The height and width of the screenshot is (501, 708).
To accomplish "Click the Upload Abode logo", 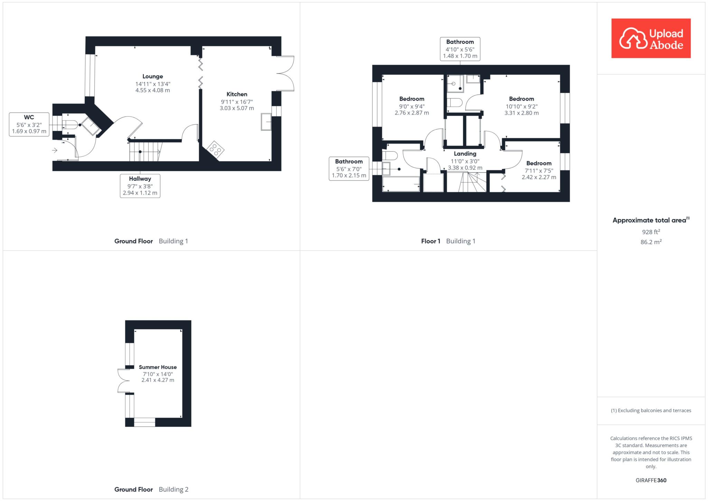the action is pos(651,38).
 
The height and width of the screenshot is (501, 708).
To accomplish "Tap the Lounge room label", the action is pos(152,76).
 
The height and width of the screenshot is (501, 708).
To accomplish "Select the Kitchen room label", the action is pos(237,94).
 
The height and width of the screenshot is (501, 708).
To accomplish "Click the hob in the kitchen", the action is pos(215,149).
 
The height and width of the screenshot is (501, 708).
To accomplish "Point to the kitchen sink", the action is pos(266,122).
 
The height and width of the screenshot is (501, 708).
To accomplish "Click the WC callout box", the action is pos(29,124).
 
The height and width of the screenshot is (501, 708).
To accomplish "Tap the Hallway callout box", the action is pos(140,186).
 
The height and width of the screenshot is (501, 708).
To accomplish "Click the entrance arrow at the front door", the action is pos(55,150).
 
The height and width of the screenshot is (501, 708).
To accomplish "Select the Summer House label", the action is pos(158,367).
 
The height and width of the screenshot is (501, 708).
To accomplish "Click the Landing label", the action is pos(465,154).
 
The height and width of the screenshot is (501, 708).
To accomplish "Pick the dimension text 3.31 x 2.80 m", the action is pos(521,113).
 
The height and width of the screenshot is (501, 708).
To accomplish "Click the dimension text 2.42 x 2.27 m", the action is pos(539,177).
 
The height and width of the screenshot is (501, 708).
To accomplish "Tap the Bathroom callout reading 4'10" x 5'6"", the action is pos(460,49).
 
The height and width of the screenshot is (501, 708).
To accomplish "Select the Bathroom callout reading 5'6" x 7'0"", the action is pos(349,169).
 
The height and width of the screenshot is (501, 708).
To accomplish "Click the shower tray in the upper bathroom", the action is pos(455,84).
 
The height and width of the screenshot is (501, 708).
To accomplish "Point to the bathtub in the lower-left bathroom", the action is pos(401,184).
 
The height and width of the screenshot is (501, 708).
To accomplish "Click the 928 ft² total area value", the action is pos(651,232).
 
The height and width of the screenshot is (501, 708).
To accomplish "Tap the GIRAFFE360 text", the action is pos(651,480).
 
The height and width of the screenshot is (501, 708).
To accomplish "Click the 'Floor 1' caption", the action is pos(430,241).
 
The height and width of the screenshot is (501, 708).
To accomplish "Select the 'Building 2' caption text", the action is pos(174,489).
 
